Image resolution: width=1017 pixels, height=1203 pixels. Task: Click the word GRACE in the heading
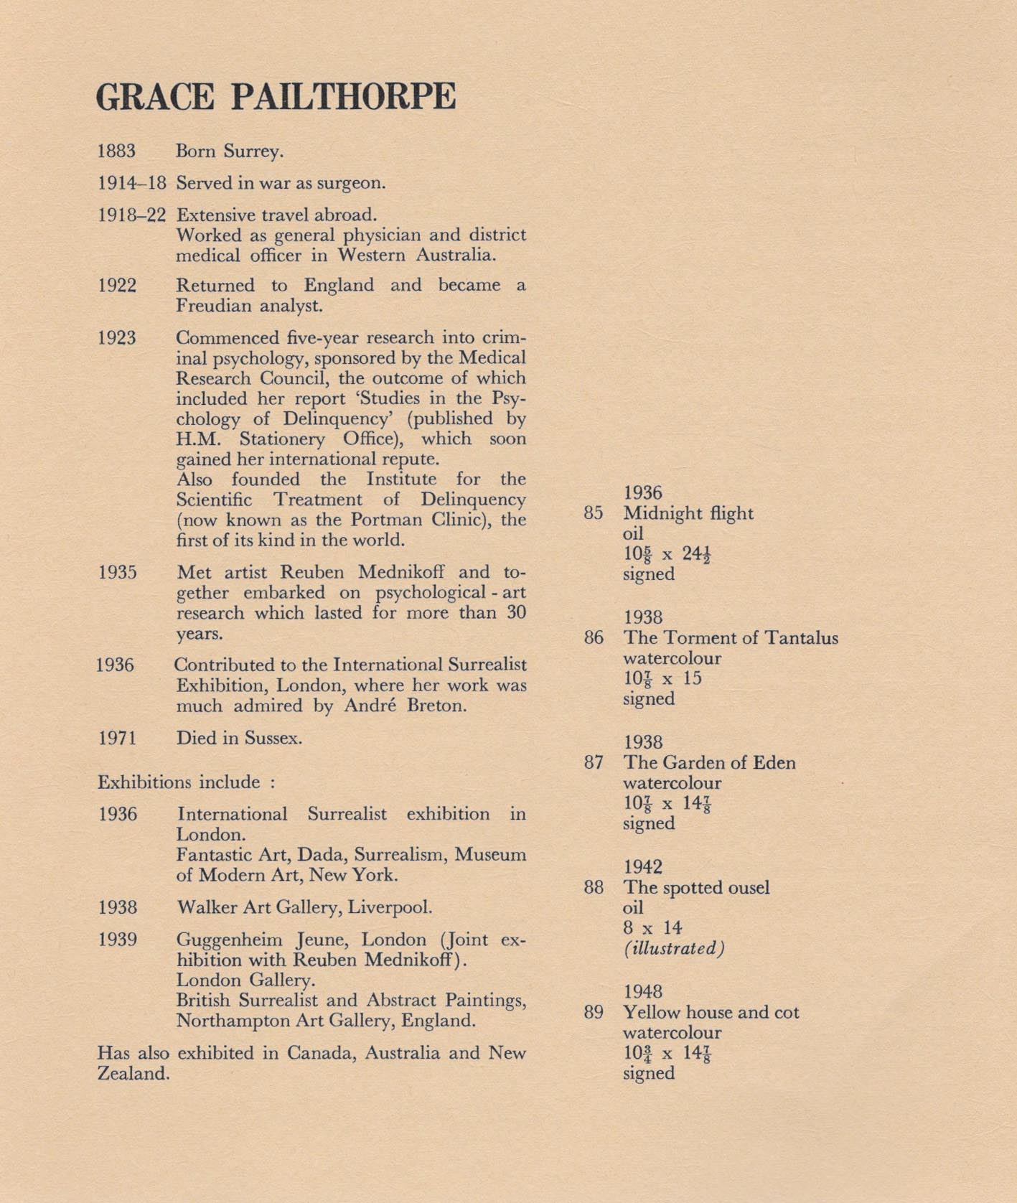coord(155,98)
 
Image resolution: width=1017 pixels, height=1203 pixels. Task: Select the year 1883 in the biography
coord(116,151)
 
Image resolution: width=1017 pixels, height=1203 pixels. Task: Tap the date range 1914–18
coord(131,183)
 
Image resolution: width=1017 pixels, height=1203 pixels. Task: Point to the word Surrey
coord(253,152)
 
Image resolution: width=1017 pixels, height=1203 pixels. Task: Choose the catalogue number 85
coord(593,513)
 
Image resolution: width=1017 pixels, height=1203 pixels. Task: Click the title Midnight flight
coord(688,513)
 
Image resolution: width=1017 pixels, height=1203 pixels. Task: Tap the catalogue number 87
coord(593,763)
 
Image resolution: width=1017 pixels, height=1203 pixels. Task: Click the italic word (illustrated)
coord(673,948)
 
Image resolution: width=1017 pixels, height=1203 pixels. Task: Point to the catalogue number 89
coord(593,1013)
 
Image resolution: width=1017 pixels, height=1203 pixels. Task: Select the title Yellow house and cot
coord(711,1013)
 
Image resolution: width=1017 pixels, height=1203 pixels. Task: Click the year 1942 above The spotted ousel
coord(642,867)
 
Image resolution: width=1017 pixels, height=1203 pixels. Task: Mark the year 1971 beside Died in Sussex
coord(116,738)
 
